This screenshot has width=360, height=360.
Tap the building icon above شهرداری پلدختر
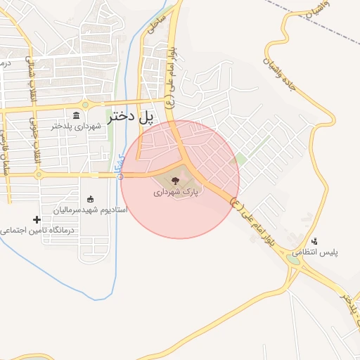pos(77,116)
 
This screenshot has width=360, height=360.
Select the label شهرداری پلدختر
pos(77,127)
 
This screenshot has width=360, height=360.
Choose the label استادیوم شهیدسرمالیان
pos(90,210)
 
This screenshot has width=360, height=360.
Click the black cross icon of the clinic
pos(37,220)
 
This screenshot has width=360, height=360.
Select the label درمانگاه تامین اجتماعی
pos(38,230)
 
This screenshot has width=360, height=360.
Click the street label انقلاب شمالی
pos(31,77)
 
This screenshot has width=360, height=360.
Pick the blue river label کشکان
pos(118,165)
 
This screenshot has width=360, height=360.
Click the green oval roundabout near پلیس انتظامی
pos(292,259)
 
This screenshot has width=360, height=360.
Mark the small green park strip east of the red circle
pos(240,160)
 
